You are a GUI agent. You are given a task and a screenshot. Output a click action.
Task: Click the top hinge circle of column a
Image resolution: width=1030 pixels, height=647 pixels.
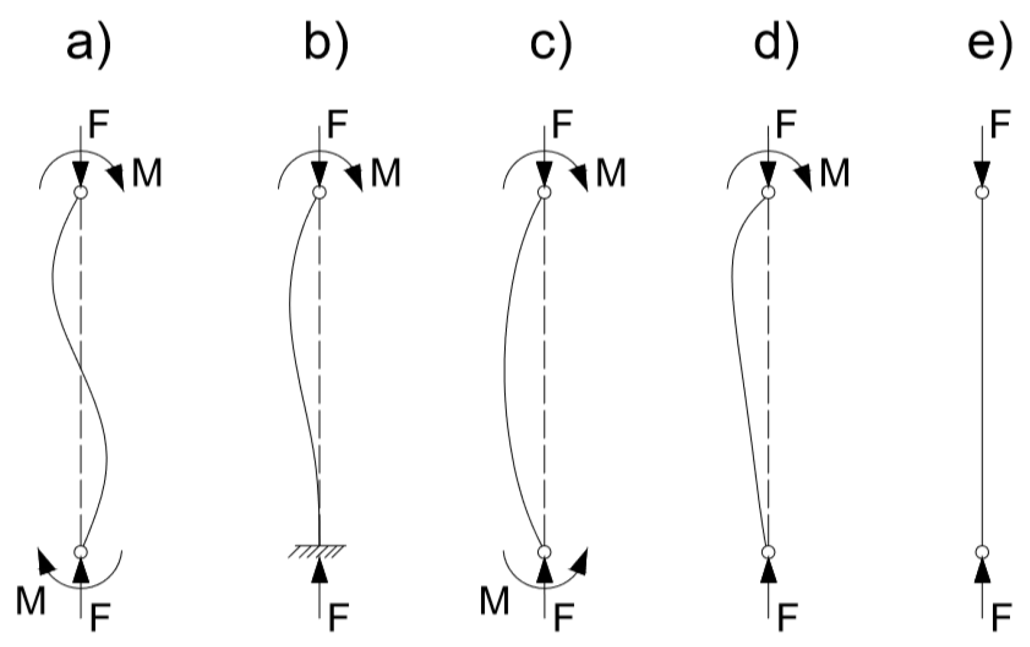81,192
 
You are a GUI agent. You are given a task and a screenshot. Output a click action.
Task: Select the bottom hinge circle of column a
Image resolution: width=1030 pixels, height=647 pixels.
81,552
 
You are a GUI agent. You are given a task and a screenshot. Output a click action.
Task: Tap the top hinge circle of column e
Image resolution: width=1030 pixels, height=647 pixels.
982,192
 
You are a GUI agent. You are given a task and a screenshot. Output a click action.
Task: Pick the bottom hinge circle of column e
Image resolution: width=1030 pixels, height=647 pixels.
982,552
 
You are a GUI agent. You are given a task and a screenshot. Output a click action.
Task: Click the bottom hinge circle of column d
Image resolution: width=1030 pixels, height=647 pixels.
768,552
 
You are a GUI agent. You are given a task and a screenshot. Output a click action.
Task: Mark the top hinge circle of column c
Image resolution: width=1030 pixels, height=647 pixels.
544,192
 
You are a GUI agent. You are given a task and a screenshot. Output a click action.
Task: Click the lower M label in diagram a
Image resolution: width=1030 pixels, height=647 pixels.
31,601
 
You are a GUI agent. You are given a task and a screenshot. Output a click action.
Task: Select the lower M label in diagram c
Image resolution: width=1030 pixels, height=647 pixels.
494,601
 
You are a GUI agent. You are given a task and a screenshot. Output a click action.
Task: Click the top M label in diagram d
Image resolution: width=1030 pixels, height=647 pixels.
834,173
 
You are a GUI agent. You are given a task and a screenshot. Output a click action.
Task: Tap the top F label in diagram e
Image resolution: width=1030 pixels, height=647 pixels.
1000,125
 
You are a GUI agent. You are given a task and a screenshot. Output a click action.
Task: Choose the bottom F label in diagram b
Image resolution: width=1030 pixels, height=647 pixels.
338,618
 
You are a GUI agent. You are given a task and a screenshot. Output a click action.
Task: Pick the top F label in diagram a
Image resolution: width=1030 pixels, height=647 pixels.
99,125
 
